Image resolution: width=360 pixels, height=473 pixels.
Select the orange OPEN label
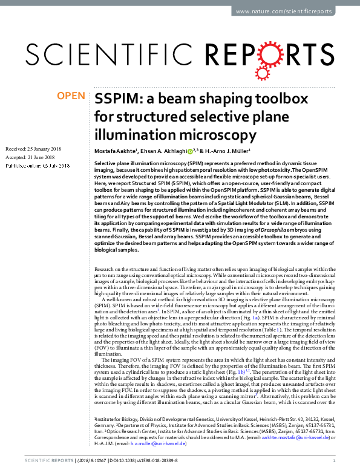coord(70,96)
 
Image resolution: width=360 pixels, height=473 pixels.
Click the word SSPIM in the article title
coord(115,99)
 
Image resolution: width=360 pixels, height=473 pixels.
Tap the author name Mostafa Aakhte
coord(117,151)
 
